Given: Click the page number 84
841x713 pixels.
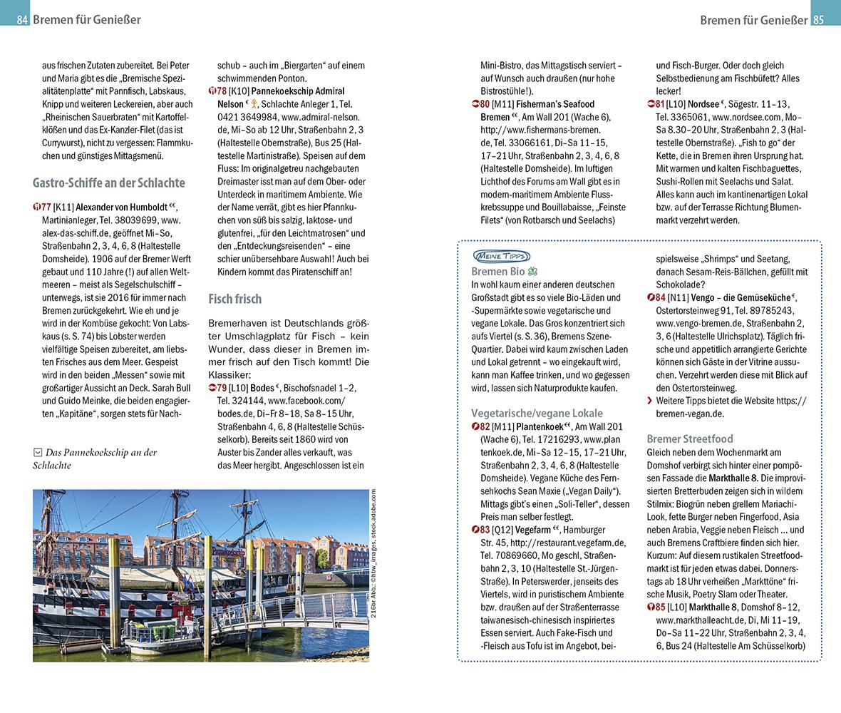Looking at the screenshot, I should [22, 20].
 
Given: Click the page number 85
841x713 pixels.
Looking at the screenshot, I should [818, 20].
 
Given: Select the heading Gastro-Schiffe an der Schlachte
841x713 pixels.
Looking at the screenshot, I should [108, 182].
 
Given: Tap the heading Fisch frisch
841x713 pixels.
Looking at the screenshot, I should [234, 299].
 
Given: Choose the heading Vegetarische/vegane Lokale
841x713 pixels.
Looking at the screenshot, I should [537, 413].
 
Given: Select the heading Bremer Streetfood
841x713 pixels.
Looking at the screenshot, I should [689, 438].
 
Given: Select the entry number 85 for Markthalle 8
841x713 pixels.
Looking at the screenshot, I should [656, 607].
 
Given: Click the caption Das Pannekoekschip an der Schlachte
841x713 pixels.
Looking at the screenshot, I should [94, 458].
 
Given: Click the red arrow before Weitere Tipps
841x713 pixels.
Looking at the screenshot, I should [649, 401].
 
